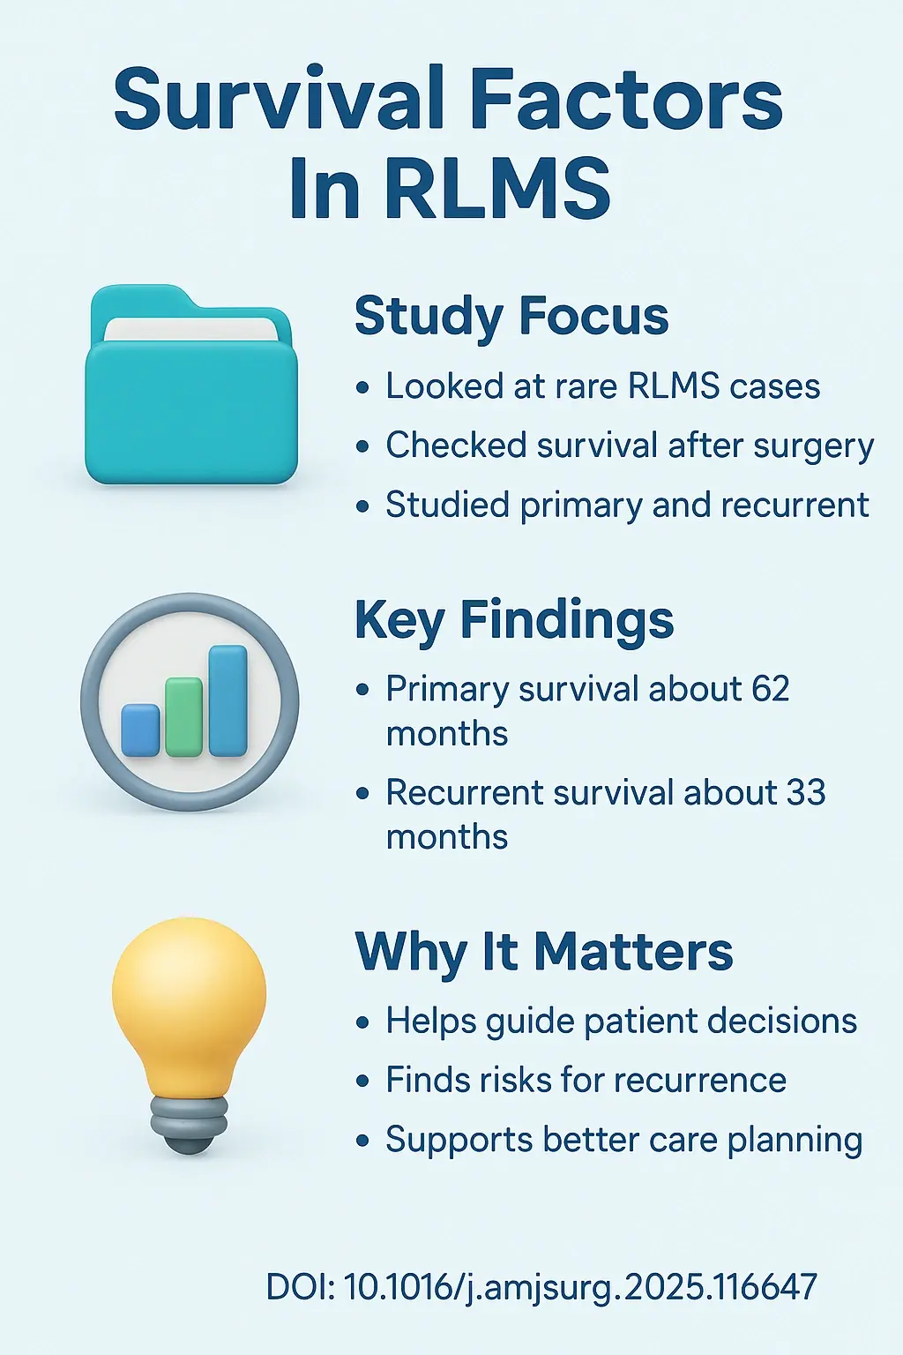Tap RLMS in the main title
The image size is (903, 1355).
[x=497, y=188]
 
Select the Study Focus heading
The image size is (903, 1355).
[x=511, y=316]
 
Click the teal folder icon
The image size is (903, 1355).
[x=190, y=388]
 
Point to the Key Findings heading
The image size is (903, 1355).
[x=514, y=620]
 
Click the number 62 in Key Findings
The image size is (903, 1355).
[x=771, y=689]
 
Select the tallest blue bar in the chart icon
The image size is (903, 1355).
[x=228, y=700]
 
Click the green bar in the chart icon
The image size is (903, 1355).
[x=184, y=716]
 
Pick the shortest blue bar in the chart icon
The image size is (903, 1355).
[x=141, y=730]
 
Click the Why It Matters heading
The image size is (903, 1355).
[x=544, y=953]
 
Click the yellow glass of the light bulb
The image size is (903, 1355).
[x=189, y=997]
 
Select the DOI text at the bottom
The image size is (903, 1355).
[x=541, y=1286]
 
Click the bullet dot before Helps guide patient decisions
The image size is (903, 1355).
[x=362, y=1023]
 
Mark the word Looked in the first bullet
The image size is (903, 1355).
[x=432, y=386]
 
